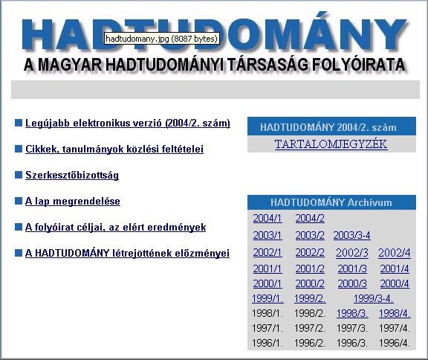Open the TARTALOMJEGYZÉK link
click(x=331, y=144)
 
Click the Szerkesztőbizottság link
click(x=72, y=175)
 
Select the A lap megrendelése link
click(x=73, y=202)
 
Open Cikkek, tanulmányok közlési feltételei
click(x=114, y=150)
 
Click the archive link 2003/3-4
click(x=352, y=236)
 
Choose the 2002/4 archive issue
click(x=394, y=253)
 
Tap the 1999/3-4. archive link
click(x=374, y=298)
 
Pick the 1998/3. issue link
click(x=352, y=313)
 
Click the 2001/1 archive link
click(x=267, y=269)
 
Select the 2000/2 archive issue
click(x=310, y=284)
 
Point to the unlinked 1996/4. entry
click(x=395, y=343)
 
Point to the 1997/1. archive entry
click(x=267, y=328)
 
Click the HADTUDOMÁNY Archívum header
click(x=331, y=202)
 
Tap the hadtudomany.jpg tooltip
click(x=161, y=39)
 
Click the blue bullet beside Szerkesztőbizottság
click(x=19, y=175)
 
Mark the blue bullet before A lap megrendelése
click(x=19, y=201)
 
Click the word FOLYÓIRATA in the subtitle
click(x=358, y=65)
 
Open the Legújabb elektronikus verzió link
click(x=128, y=123)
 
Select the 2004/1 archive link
click(x=267, y=219)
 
